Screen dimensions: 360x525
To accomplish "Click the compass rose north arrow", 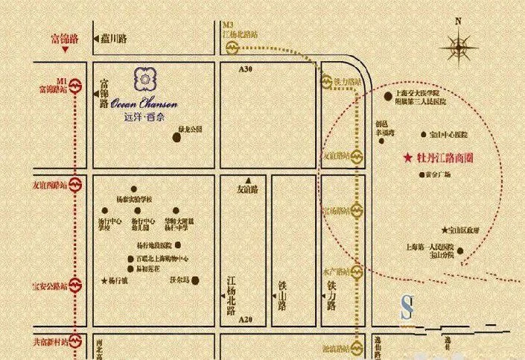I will [459, 48].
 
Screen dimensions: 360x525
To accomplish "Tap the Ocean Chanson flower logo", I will [144, 78].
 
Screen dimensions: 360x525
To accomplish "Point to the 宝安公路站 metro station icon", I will [75, 286].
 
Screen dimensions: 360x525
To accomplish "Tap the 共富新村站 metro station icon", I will [75, 342].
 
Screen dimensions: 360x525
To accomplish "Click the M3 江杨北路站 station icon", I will [232, 48].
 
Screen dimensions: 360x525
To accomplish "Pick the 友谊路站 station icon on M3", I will [357, 157].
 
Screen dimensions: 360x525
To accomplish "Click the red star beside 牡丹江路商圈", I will [407, 159].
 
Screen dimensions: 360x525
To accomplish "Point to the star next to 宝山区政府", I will [445, 230].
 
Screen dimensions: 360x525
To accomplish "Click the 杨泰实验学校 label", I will [134, 200].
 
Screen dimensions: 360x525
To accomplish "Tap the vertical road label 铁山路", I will [284, 293].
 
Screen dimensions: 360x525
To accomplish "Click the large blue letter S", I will [406, 307].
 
